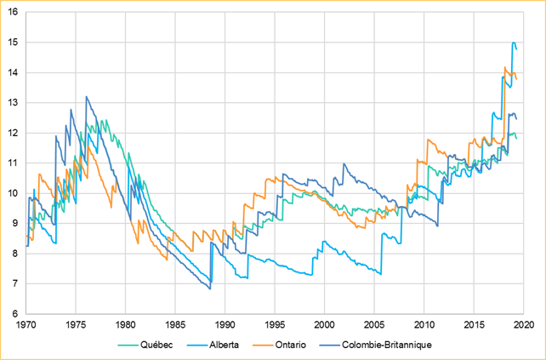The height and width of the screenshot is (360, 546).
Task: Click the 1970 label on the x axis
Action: click(26, 325)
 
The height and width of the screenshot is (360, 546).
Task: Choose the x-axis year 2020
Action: click(523, 325)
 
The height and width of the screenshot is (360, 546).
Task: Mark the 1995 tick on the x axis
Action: click(275, 325)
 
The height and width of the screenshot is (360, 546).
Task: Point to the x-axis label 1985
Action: click(175, 325)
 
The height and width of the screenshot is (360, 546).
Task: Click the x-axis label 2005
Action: click(374, 325)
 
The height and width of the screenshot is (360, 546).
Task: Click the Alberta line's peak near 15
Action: click(514, 43)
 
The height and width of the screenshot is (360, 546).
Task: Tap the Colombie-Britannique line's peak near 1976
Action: click(86, 97)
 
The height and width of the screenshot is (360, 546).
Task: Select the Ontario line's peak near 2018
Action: click(505, 67)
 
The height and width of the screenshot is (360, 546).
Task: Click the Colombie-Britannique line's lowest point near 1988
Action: click(210, 289)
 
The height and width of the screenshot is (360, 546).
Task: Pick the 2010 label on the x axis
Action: click(424, 325)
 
